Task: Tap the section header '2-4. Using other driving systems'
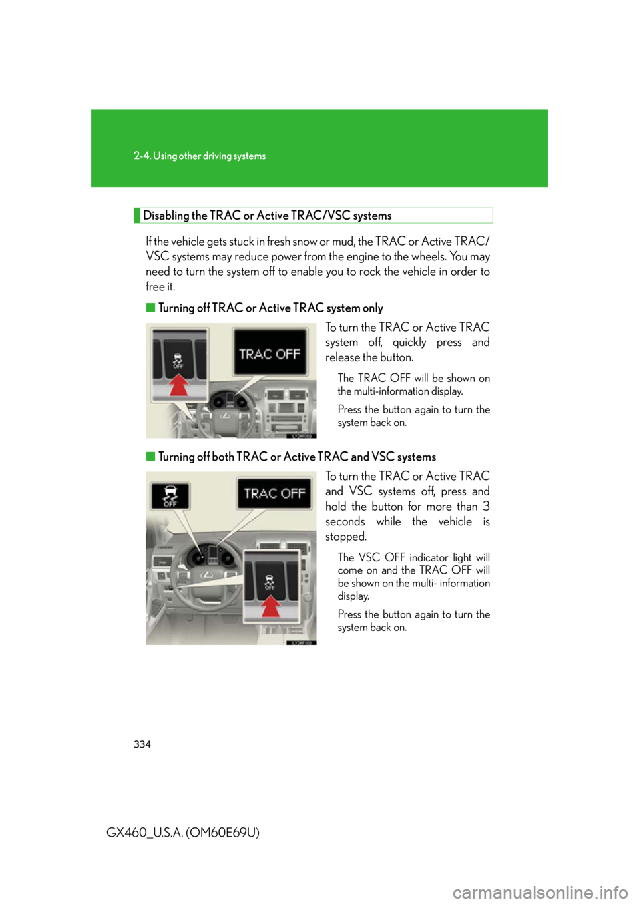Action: pos(200,156)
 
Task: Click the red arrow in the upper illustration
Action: pos(178,385)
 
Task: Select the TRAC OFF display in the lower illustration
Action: pos(275,493)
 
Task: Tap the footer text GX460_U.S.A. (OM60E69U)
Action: pos(183,832)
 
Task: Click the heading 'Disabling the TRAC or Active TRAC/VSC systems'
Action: pos(267,216)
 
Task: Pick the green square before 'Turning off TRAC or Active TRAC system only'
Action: pos(150,308)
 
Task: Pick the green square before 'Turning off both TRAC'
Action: pos(150,457)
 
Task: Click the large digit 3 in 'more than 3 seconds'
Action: pos(486,506)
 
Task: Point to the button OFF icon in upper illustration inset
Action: pos(178,360)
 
